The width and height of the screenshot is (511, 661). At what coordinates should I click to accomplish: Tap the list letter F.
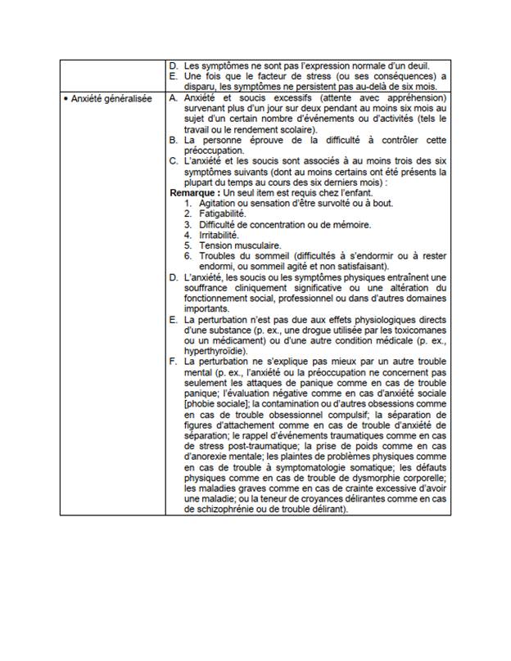[x=172, y=361]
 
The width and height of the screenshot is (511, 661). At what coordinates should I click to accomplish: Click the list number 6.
[x=188, y=255]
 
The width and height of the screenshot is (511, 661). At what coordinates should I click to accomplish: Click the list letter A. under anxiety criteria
[x=172, y=97]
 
